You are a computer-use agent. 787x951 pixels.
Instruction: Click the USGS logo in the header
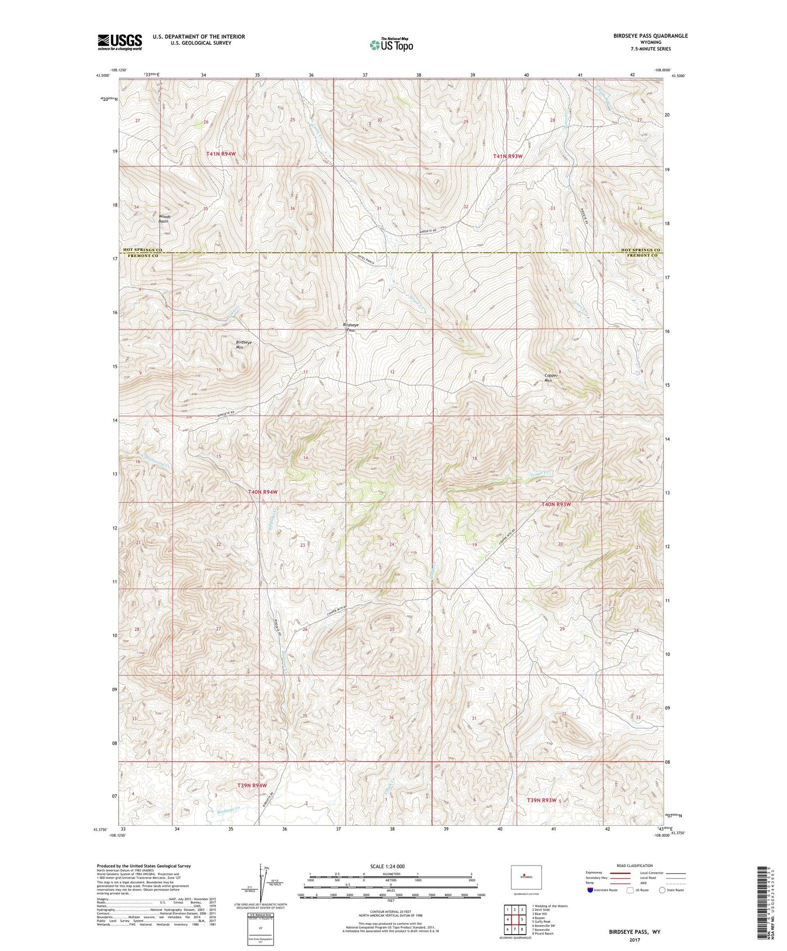tap(119, 41)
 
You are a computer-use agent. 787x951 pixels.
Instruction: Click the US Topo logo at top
tap(391, 45)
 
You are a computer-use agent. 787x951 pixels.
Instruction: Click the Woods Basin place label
tap(164, 219)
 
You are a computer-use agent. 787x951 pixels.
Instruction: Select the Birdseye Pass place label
tap(351, 327)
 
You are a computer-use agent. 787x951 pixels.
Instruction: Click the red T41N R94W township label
tap(221, 154)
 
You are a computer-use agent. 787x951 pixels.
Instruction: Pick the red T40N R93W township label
tap(556, 504)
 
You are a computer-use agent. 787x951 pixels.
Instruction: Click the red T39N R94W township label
tap(252, 785)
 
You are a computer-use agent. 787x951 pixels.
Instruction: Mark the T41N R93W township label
tap(508, 156)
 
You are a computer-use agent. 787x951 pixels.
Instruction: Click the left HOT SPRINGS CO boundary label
tap(143, 250)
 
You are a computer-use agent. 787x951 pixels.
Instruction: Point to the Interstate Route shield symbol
tap(591, 890)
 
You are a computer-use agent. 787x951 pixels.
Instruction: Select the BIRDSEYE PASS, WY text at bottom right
tap(635, 932)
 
